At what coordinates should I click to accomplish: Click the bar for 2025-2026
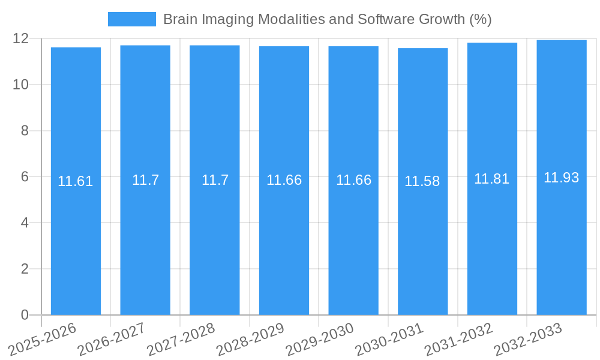76,240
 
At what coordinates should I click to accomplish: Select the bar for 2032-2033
562,240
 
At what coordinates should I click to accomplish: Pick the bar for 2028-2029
284,240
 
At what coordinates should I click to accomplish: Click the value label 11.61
76,181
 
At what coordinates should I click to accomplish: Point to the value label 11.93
562,178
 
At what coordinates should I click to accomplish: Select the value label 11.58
422,181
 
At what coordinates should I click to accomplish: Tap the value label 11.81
492,179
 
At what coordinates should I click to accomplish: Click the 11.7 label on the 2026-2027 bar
145,180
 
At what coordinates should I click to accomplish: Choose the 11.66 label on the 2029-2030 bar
353,180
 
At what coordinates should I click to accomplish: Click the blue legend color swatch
131,19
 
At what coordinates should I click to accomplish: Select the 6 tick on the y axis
25,177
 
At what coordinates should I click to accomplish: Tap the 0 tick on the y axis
25,315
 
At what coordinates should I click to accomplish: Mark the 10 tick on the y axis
21,85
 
